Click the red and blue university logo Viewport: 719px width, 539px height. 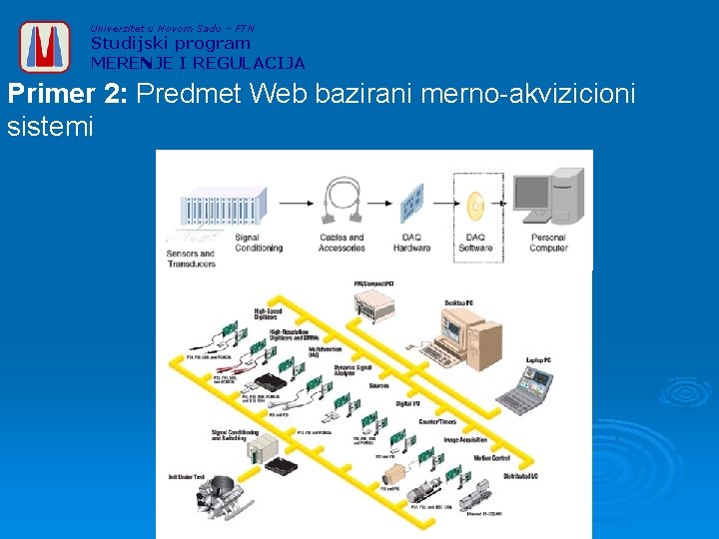pos(45,46)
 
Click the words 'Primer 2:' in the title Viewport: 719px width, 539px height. pos(68,96)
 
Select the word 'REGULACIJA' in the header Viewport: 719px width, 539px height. pos(250,63)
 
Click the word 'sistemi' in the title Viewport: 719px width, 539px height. pos(50,127)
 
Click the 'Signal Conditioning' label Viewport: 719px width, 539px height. pos(259,243)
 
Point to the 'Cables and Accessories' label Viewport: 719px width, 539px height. pos(342,243)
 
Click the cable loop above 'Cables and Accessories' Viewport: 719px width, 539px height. pos(342,204)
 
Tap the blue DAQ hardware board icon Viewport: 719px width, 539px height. pos(411,204)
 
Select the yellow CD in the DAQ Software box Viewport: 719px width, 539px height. pos(476,206)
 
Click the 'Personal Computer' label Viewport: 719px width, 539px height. pos(547,243)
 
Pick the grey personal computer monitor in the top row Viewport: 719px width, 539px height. pos(534,198)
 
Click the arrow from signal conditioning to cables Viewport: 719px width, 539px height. pos(295,201)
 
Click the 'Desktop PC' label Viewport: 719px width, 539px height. pos(458,301)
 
